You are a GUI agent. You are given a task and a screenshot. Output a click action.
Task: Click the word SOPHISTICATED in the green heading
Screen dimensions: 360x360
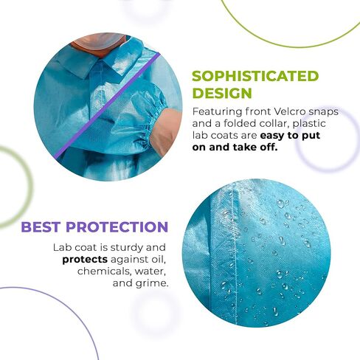click(x=255, y=76)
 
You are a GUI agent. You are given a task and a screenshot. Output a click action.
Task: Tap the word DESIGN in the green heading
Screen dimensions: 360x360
click(x=222, y=94)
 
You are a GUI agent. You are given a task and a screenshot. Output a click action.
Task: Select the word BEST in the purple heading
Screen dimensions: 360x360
click(x=41, y=227)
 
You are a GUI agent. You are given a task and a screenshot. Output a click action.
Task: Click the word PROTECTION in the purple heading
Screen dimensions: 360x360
click(x=117, y=227)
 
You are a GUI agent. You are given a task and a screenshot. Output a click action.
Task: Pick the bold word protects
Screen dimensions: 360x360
click(x=85, y=260)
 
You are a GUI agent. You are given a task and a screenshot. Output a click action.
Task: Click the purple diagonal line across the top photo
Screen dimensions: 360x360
click(x=108, y=105)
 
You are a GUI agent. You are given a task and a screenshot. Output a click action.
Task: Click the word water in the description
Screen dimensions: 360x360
click(x=150, y=271)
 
